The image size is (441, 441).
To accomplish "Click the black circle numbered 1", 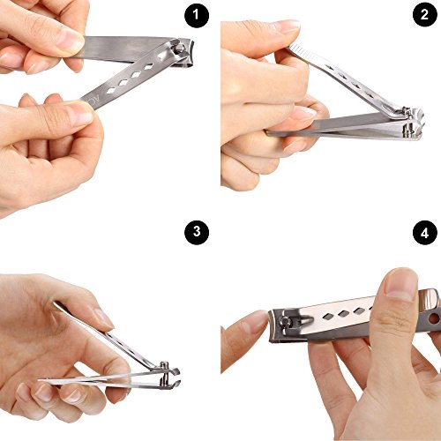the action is click(x=197, y=16).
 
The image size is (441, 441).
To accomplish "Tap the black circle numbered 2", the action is click(x=424, y=15).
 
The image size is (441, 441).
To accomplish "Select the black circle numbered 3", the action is click(x=197, y=233).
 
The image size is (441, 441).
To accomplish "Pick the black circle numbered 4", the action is click(x=424, y=233).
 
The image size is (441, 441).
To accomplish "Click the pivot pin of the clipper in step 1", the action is click(x=179, y=47).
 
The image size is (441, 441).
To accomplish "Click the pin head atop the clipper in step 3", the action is click(x=165, y=364).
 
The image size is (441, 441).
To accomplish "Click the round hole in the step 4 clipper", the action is click(x=434, y=318).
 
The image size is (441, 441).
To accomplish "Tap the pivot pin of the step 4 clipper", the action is click(x=287, y=321).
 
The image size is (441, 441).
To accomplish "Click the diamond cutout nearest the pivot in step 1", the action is click(x=161, y=56).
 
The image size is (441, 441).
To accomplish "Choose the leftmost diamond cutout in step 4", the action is click(x=328, y=317).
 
